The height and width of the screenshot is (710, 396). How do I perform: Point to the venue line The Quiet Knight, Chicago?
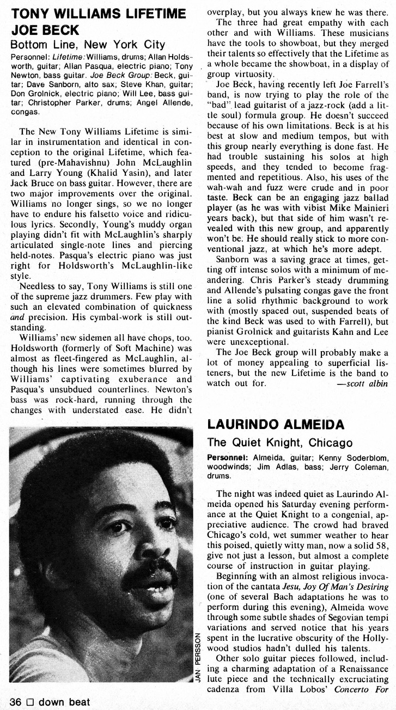[x=276, y=443]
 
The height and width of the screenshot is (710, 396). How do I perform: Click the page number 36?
[x=15, y=702]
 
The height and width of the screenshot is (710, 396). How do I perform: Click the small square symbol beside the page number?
[x=31, y=702]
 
